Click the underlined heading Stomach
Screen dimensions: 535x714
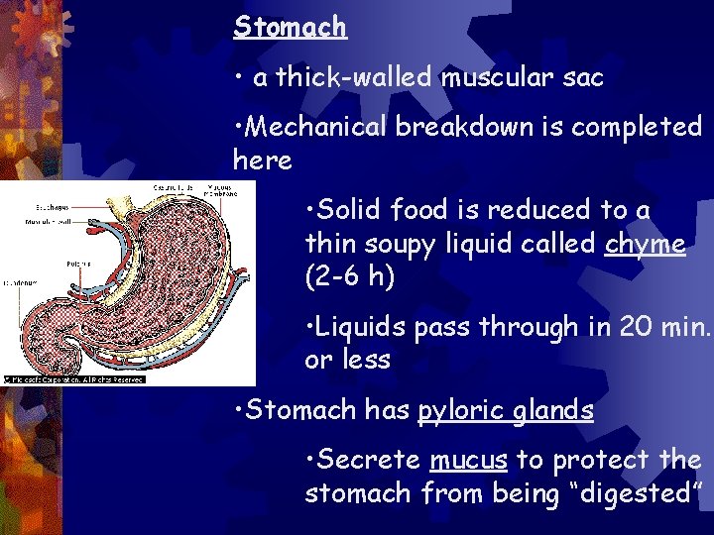click(290, 26)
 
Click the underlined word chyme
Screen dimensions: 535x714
click(645, 244)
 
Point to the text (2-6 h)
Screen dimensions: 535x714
click(349, 277)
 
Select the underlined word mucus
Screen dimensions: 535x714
click(468, 460)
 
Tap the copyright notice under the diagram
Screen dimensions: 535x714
click(74, 378)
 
